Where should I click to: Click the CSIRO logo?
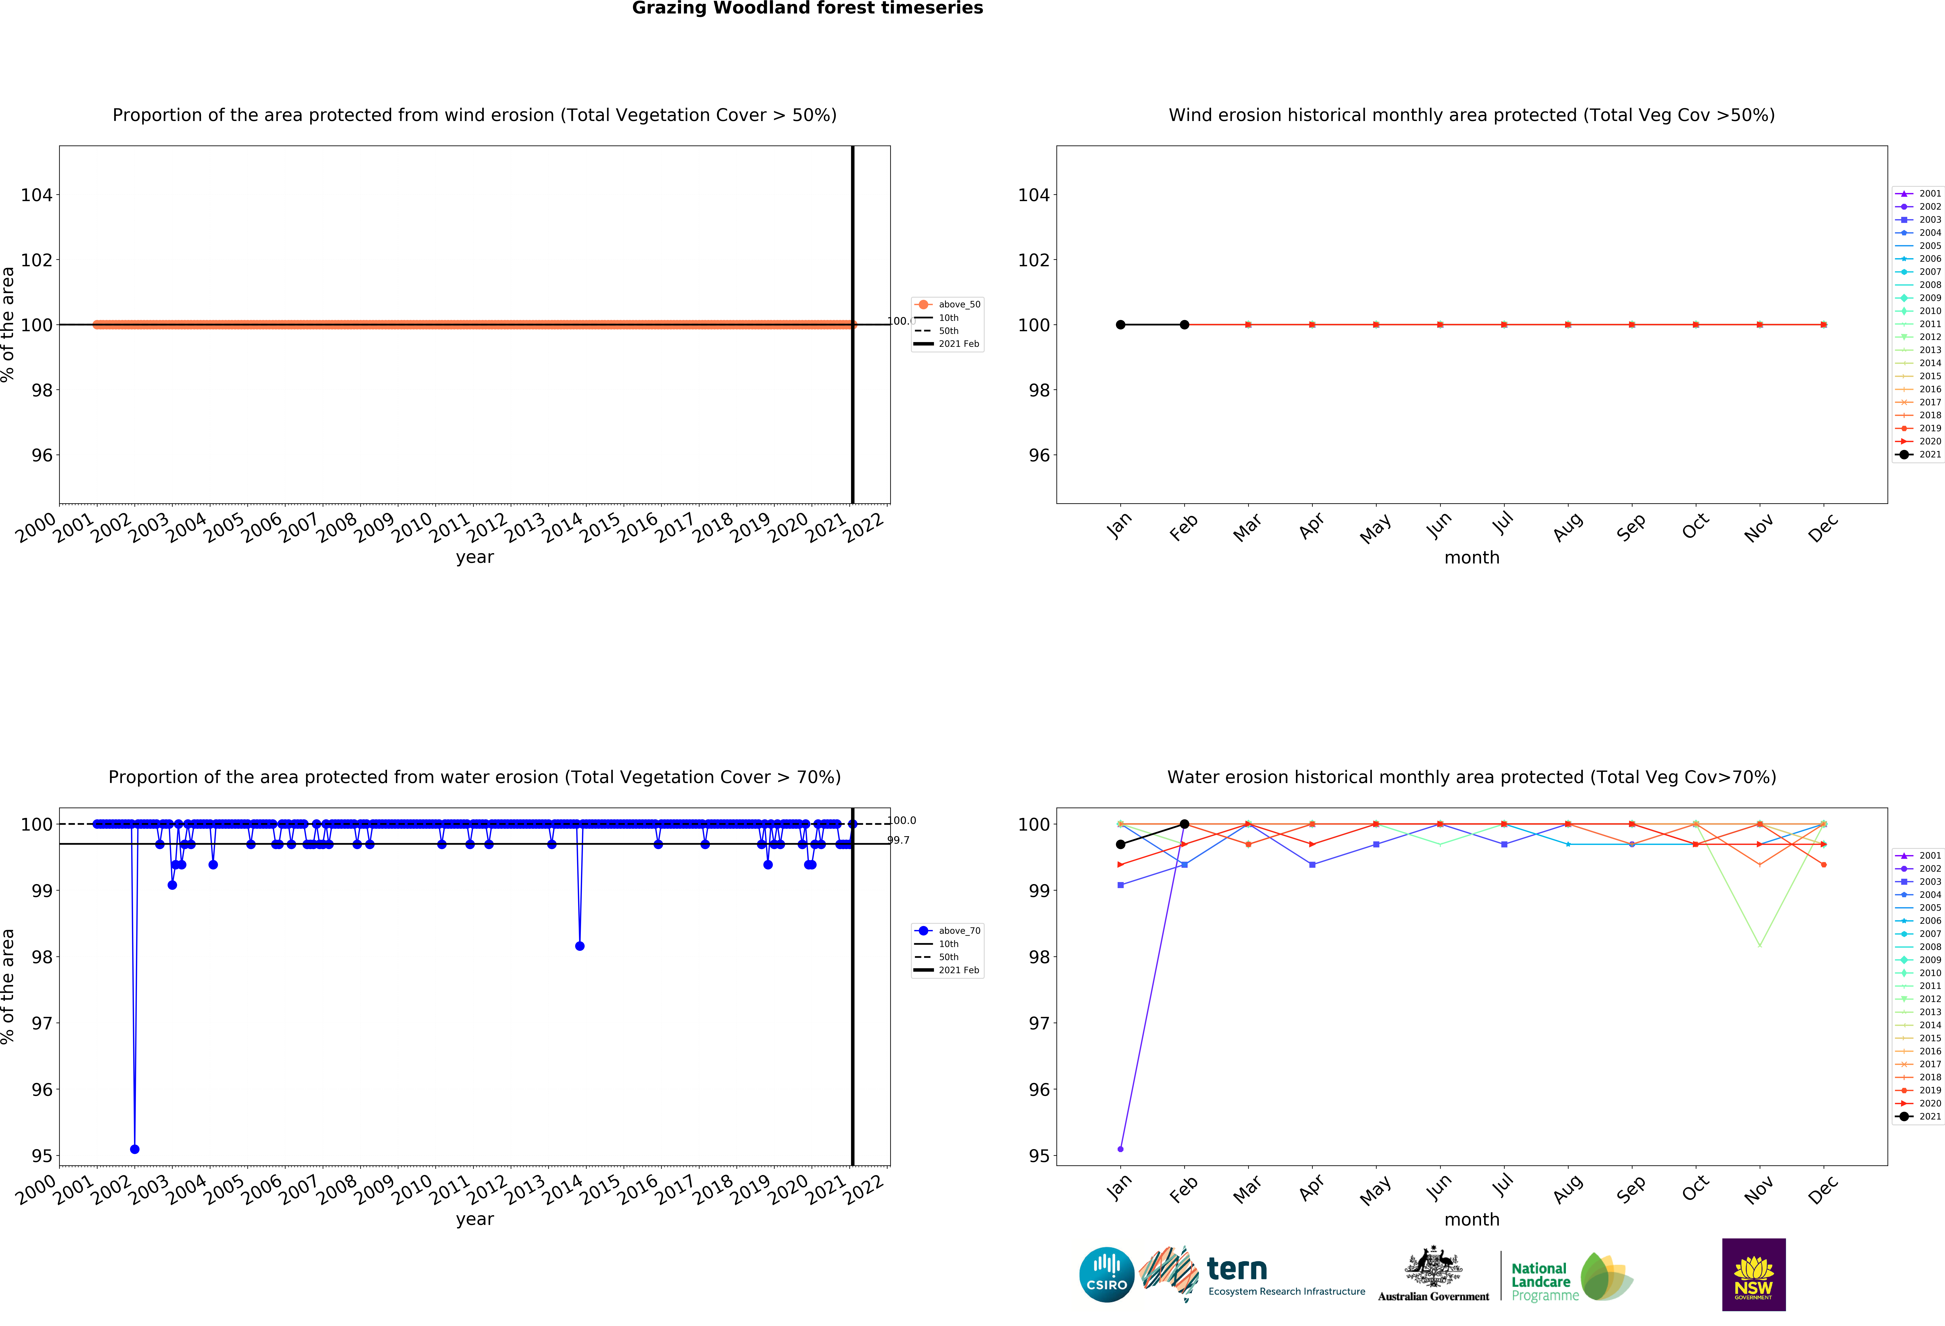1106,1275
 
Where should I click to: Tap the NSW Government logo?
1753,1274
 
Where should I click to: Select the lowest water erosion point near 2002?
135,1149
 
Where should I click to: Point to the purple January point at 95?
1121,1149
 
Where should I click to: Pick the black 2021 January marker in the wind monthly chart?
1121,325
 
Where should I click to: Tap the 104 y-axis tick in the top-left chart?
37,195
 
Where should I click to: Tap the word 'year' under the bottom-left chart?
475,1219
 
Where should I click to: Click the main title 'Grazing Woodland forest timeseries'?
807,8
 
